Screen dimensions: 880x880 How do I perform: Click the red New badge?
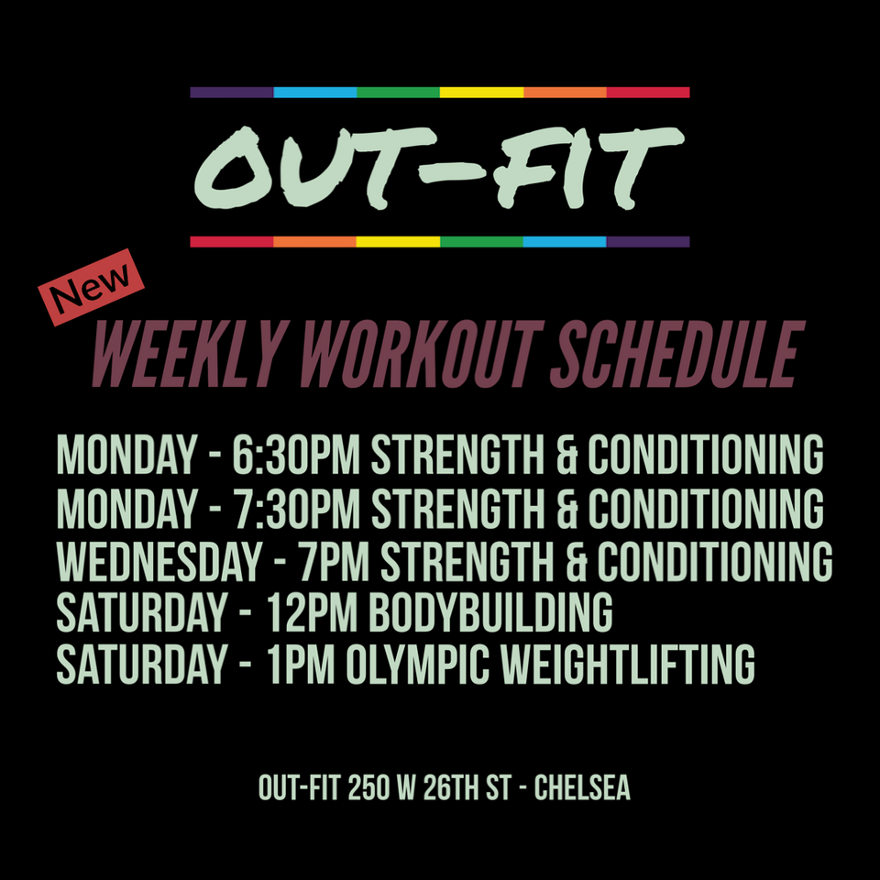click(91, 287)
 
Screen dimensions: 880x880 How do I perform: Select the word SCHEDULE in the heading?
click(677, 354)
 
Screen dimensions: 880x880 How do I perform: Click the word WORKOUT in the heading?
click(422, 354)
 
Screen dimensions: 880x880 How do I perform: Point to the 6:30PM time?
click(296, 455)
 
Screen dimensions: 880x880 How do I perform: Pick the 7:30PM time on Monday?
click(297, 509)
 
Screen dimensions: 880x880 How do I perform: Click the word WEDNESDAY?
click(159, 561)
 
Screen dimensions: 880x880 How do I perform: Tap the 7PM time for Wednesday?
click(334, 561)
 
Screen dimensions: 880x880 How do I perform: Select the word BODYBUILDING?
click(490, 612)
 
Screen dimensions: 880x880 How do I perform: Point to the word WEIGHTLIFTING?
click(627, 665)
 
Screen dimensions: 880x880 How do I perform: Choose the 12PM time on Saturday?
click(312, 612)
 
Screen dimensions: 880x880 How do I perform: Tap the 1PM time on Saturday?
click(301, 665)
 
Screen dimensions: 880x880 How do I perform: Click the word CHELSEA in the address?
click(582, 787)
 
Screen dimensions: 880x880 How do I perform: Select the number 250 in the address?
click(368, 787)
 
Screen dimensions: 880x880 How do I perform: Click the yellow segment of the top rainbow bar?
click(481, 93)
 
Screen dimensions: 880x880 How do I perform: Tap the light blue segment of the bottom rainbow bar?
click(565, 242)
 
